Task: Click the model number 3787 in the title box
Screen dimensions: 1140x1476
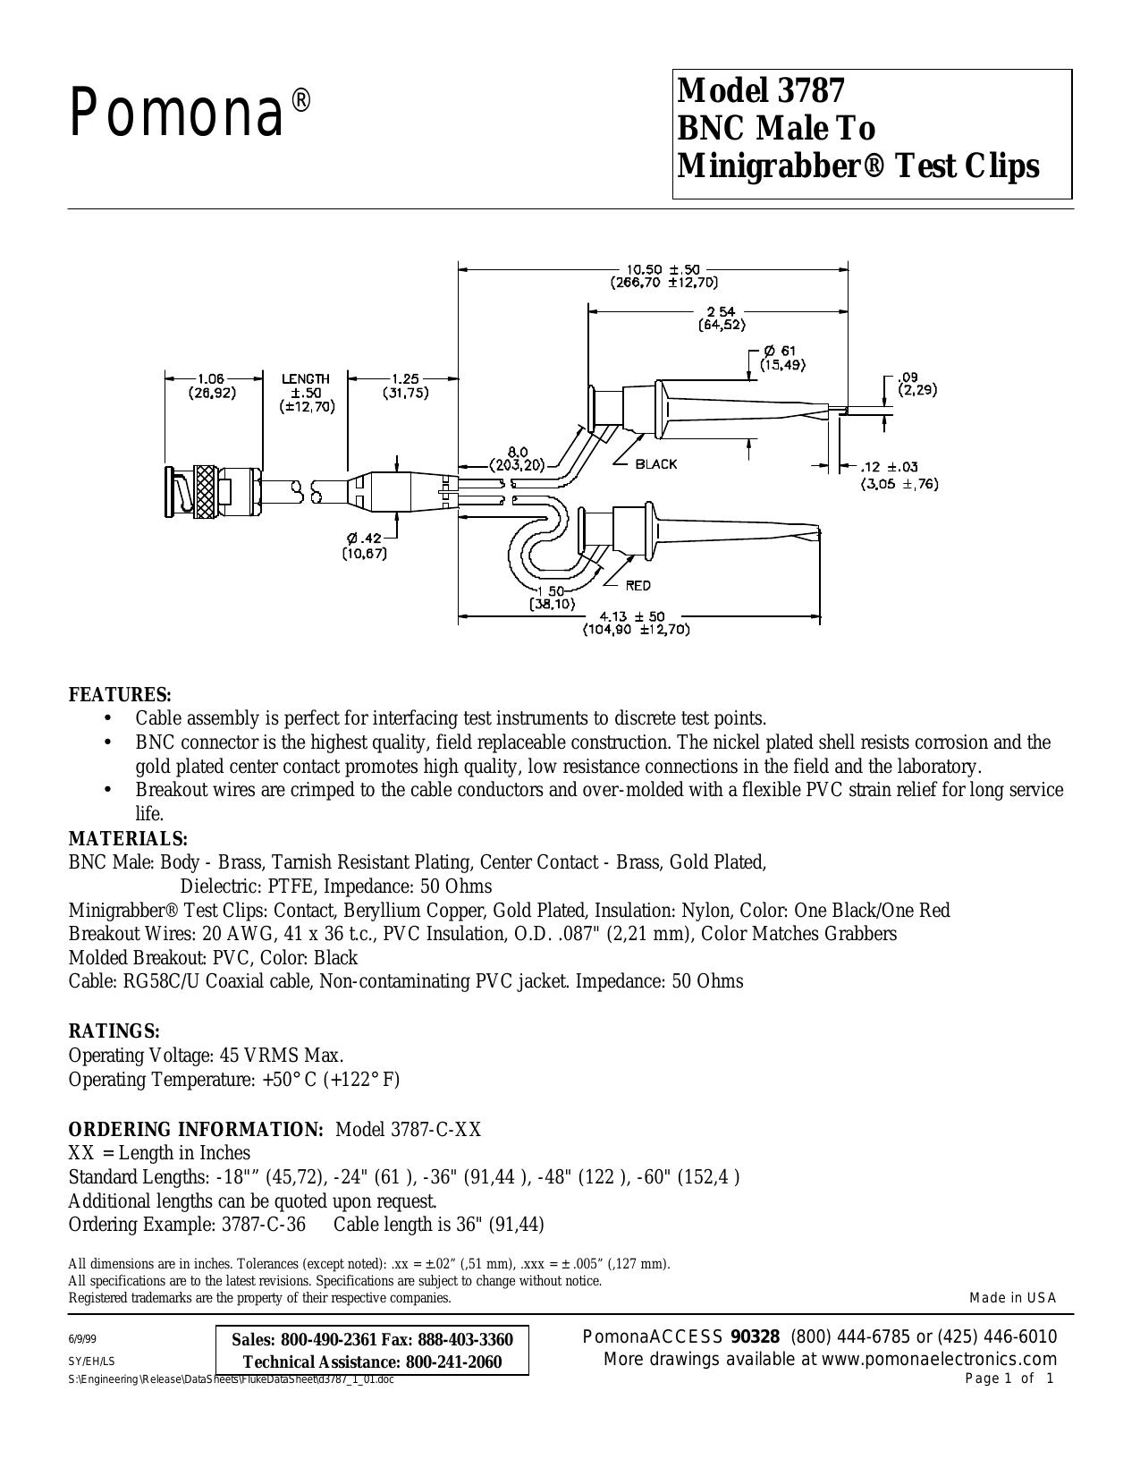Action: pos(807,91)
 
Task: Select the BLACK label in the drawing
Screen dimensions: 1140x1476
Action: pos(656,464)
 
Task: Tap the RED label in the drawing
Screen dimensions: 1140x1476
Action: pos(638,586)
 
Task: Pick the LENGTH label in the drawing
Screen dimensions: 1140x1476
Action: pos(306,379)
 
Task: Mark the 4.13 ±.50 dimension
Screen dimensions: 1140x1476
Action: pos(637,616)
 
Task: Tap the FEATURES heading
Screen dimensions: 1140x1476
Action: pos(120,695)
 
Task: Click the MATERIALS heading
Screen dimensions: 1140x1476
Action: pos(129,838)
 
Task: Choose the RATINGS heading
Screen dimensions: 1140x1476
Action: pos(114,1031)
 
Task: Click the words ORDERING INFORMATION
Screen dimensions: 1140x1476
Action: pos(196,1129)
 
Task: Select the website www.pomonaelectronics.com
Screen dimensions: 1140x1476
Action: pos(940,1359)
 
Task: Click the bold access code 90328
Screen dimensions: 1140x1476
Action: pos(755,1336)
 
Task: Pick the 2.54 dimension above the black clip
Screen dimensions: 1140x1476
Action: pos(721,312)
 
